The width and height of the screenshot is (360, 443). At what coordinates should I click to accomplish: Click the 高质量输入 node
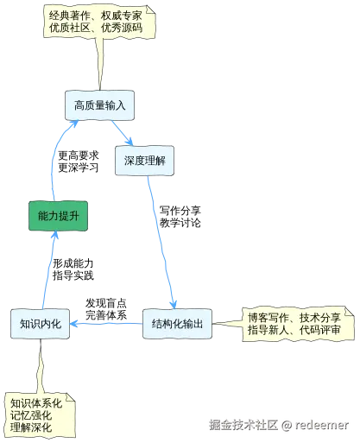pyautogui.click(x=99, y=105)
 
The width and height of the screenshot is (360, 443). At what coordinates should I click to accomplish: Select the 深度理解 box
pyautogui.click(x=144, y=161)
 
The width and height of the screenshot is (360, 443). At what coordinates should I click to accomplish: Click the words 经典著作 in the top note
pyautogui.click(x=72, y=16)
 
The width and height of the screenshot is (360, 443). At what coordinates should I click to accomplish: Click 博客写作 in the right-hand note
pyautogui.click(x=268, y=318)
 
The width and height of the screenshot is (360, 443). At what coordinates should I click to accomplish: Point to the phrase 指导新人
pyautogui.click(x=268, y=330)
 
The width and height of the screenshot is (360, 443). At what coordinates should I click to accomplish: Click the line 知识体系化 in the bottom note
pyautogui.click(x=36, y=402)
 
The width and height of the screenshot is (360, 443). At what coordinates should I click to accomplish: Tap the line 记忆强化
pyautogui.click(x=31, y=415)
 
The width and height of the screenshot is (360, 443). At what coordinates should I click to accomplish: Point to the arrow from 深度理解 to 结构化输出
pyautogui.click(x=163, y=242)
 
